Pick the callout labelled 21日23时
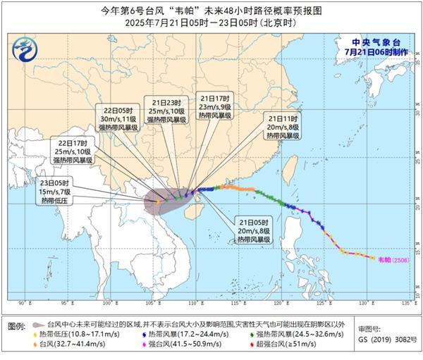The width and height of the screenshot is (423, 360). click(166, 110)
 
